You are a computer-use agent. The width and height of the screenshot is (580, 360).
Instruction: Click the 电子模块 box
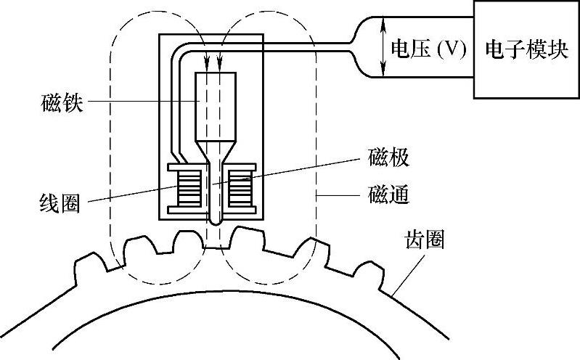coord(526,49)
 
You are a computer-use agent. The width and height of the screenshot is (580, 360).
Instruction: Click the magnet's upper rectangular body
coord(216,106)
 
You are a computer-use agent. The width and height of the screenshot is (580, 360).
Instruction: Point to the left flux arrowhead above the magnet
coord(207,65)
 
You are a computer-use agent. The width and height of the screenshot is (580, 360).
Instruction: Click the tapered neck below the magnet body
coord(216,151)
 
